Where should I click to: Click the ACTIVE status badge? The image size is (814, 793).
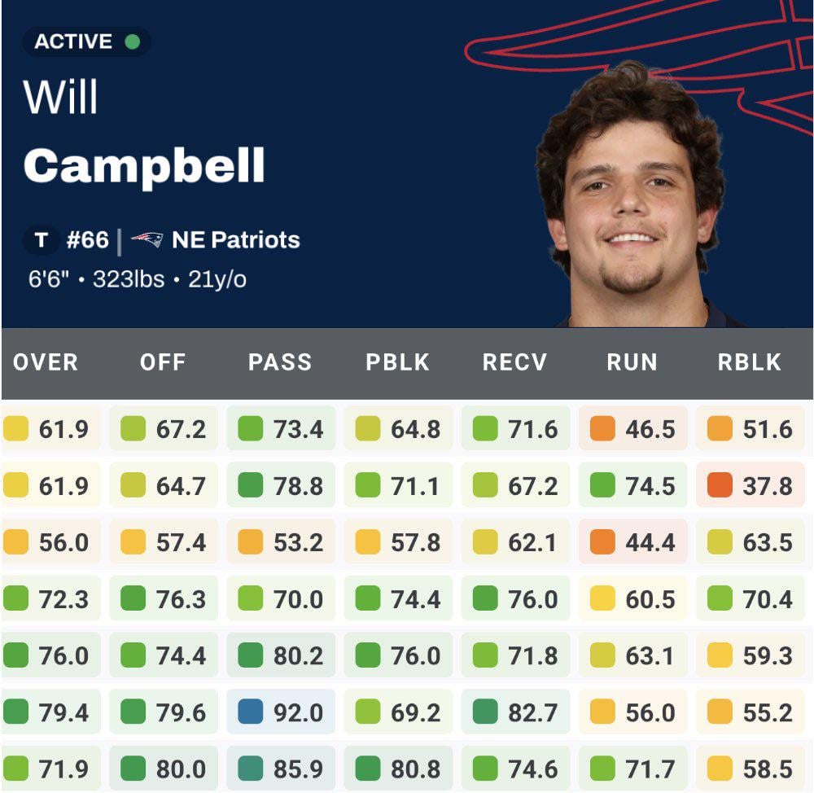pyautogui.click(x=86, y=41)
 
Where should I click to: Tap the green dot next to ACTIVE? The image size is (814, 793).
pyautogui.click(x=132, y=41)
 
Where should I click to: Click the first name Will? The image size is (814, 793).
pyautogui.click(x=60, y=98)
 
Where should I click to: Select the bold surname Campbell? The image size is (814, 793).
pyautogui.click(x=144, y=165)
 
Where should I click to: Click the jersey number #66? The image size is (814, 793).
pyautogui.click(x=87, y=240)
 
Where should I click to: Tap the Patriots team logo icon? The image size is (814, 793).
pyautogui.click(x=147, y=240)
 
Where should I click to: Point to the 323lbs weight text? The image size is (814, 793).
pyautogui.click(x=129, y=280)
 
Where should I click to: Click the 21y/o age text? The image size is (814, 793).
pyautogui.click(x=217, y=280)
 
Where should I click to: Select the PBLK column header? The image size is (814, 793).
pyautogui.click(x=397, y=363)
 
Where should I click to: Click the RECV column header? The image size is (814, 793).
pyautogui.click(x=514, y=363)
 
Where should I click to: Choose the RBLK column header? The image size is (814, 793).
pyautogui.click(x=749, y=363)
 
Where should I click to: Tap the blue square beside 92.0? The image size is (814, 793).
pyautogui.click(x=251, y=712)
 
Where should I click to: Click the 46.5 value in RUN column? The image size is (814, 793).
pyautogui.click(x=650, y=429)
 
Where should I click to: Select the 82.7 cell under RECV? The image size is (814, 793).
pyautogui.click(x=532, y=712)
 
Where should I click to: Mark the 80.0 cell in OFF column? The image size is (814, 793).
pyautogui.click(x=181, y=769)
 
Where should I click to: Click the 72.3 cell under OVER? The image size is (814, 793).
pyautogui.click(x=63, y=599)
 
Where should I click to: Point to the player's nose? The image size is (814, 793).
pyautogui.click(x=632, y=208)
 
